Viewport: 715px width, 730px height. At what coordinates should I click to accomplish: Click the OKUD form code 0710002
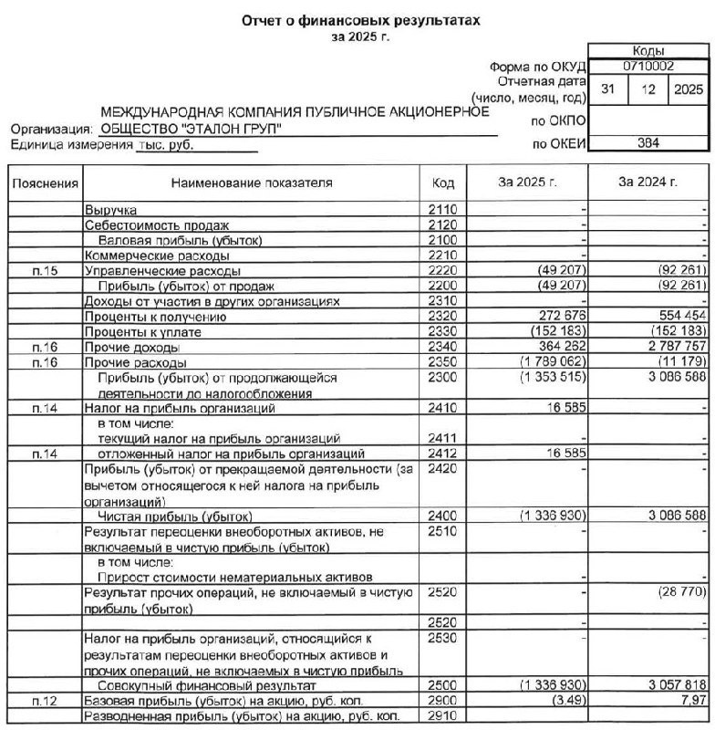(648, 67)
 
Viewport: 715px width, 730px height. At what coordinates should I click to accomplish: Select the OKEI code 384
(648, 142)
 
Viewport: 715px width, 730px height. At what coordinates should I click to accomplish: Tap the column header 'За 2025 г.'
(528, 182)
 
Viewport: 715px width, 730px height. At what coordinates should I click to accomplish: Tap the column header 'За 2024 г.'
(648, 182)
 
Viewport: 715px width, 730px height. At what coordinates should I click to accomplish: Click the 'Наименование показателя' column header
(252, 182)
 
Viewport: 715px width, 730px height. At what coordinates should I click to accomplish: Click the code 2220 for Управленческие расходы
(441, 271)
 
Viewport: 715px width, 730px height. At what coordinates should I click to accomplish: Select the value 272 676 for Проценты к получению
(553, 317)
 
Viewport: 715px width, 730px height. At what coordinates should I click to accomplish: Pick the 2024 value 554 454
(676, 317)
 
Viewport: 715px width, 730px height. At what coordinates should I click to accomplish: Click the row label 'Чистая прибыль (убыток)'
(164, 516)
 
